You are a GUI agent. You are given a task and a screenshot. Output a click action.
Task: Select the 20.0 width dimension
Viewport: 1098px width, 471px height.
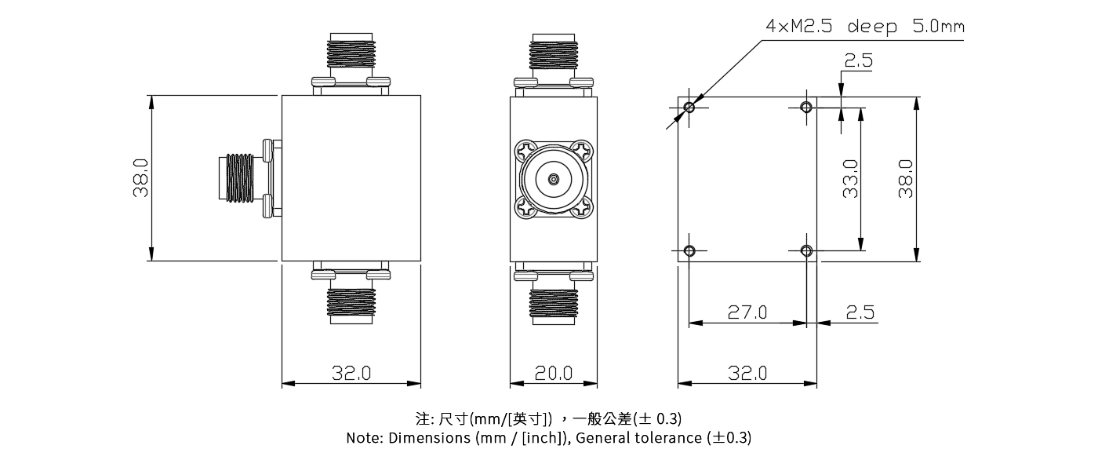pyautogui.click(x=554, y=373)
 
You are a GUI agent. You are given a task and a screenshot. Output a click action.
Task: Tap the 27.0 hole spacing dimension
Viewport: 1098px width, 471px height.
pyautogui.click(x=747, y=312)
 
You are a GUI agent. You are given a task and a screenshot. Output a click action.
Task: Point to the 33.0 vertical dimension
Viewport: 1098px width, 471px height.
pyautogui.click(x=850, y=178)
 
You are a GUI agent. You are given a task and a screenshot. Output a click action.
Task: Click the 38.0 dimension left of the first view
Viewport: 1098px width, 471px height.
pyautogui.click(x=141, y=178)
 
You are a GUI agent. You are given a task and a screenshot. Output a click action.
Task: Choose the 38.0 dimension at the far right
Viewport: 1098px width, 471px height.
pyautogui.click(x=906, y=178)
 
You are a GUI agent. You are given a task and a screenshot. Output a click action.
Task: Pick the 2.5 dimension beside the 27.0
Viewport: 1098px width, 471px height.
pyautogui.click(x=860, y=312)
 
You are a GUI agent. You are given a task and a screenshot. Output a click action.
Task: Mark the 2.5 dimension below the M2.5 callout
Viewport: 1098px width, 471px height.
pyautogui.click(x=858, y=61)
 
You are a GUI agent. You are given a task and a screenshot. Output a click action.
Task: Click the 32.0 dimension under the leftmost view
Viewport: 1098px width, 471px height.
pyautogui.click(x=351, y=373)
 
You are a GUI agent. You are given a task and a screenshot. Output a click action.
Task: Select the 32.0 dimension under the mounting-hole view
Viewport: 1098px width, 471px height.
pyautogui.click(x=747, y=373)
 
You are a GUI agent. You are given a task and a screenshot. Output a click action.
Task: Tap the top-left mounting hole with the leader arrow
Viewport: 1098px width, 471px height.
pyautogui.click(x=689, y=107)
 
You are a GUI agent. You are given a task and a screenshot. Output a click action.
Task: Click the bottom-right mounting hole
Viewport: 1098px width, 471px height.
pyautogui.click(x=806, y=250)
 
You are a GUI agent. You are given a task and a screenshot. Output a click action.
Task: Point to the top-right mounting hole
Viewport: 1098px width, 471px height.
pyautogui.click(x=806, y=107)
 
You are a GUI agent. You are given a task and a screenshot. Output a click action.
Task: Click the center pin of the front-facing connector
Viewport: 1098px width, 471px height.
pyautogui.click(x=554, y=179)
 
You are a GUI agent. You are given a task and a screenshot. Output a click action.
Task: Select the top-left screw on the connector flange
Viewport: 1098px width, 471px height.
pyautogui.click(x=525, y=149)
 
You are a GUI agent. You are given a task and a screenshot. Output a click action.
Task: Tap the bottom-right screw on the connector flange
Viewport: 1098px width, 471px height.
pyautogui.click(x=584, y=209)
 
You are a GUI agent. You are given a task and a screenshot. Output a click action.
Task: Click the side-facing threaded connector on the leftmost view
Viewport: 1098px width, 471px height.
pyautogui.click(x=242, y=179)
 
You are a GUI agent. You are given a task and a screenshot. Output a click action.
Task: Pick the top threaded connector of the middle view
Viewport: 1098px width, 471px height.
pyautogui.click(x=554, y=53)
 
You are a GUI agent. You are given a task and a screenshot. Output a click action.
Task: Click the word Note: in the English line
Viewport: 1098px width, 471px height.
pyautogui.click(x=365, y=438)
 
